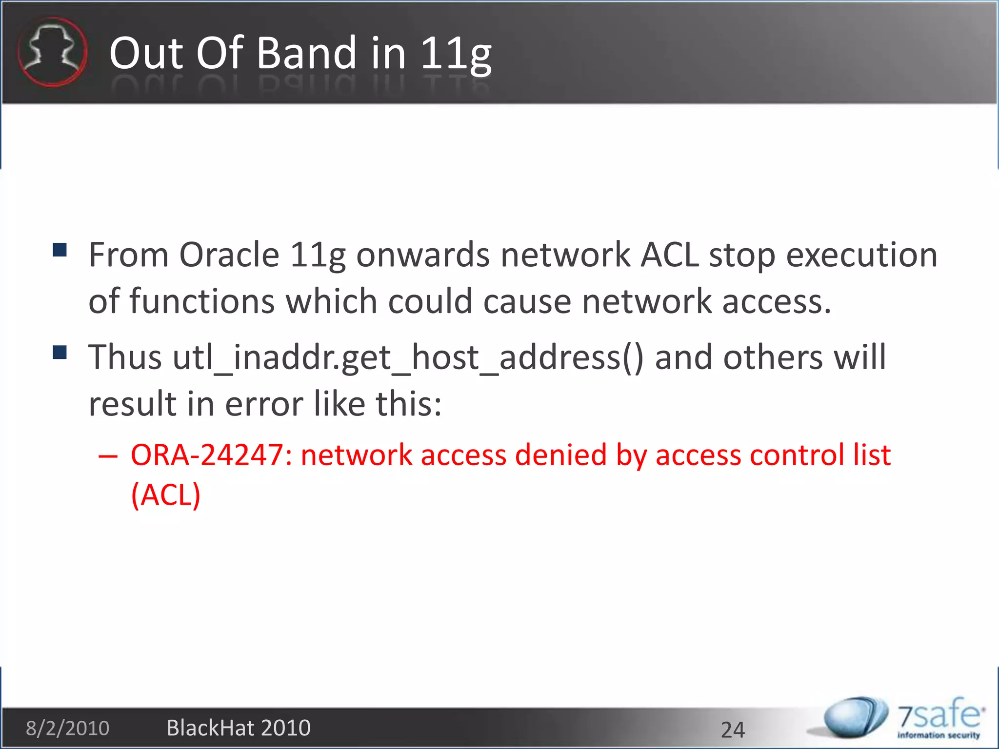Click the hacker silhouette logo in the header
[52, 52]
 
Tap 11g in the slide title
[456, 54]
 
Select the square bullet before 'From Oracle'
[60, 250]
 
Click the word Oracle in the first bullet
[229, 255]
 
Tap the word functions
[202, 301]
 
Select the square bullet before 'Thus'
[60, 352]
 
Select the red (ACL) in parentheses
[166, 495]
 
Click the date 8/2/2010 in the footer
[68, 728]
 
